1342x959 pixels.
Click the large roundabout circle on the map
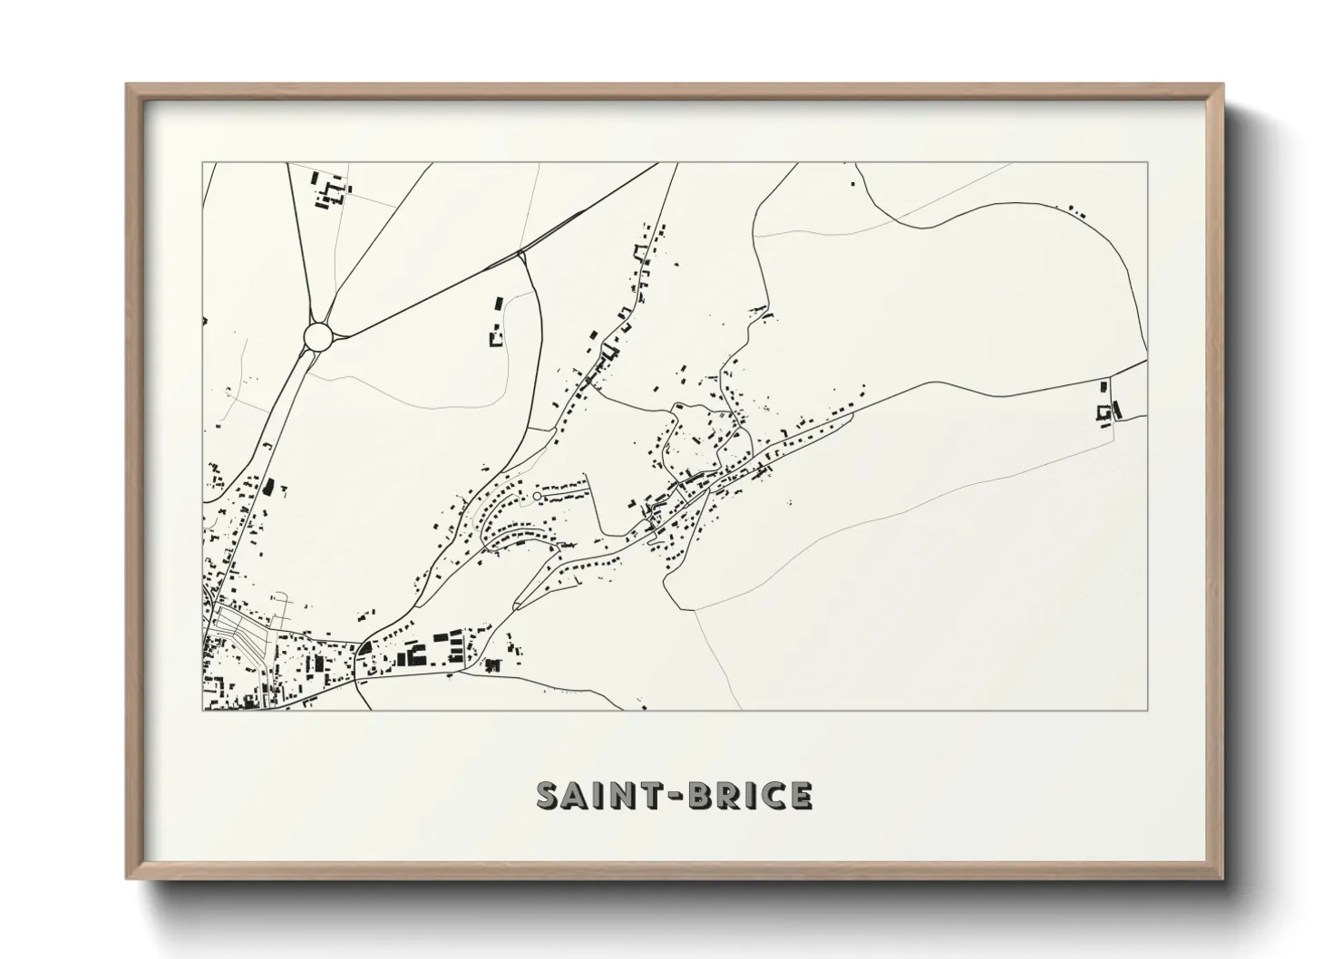(319, 337)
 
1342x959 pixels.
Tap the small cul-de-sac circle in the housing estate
(536, 496)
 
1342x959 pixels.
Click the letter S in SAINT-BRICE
(549, 795)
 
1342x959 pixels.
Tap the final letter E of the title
(800, 795)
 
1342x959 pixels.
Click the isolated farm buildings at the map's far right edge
(1104, 405)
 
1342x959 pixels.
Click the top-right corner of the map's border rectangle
(1148, 163)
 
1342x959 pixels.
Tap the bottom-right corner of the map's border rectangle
(1148, 710)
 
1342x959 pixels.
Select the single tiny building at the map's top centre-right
(852, 184)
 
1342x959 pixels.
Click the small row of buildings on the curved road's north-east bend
(1076, 210)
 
